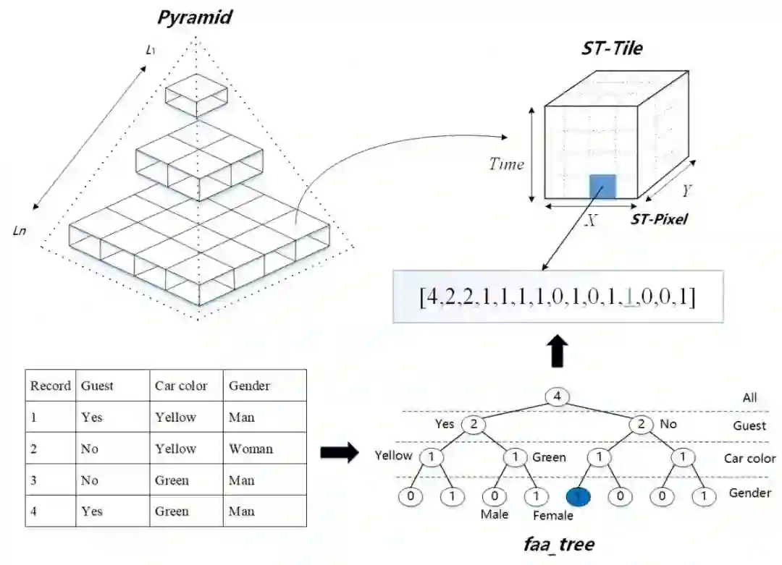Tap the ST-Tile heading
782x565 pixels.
coord(612,48)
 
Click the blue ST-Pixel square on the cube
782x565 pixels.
coord(602,187)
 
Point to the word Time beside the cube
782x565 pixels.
coord(506,164)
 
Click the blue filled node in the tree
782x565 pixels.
coord(578,496)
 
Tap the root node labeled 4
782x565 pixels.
coord(557,396)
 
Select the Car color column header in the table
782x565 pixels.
coord(181,386)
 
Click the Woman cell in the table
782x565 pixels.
coord(251,449)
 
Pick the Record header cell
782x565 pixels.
coord(50,386)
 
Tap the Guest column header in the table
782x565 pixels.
coord(97,386)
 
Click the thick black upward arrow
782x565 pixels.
coord(557,351)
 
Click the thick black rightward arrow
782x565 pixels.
coord(339,454)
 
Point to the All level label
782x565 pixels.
coord(749,397)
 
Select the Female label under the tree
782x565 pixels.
coord(553,516)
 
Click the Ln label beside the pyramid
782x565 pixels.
coord(21,231)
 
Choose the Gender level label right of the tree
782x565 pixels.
coord(751,493)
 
